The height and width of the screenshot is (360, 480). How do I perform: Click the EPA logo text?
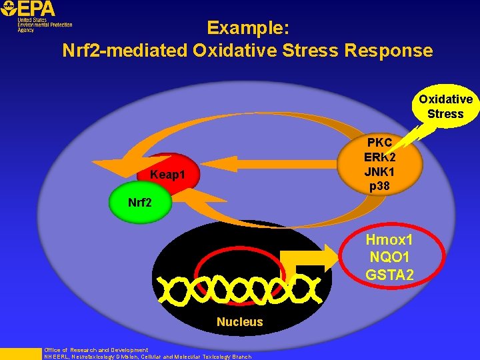(x=36, y=9)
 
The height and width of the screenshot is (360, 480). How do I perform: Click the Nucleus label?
(x=240, y=322)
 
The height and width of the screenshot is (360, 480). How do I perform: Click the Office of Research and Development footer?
(x=95, y=350)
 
